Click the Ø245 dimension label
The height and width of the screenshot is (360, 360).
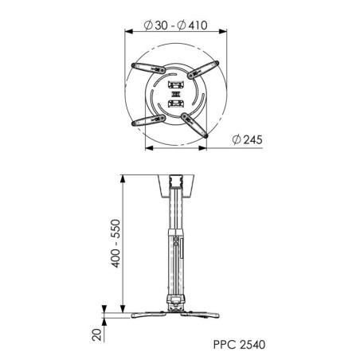[247, 139]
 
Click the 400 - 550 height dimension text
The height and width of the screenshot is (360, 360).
[115, 244]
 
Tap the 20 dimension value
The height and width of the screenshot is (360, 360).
[97, 335]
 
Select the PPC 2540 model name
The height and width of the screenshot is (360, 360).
[239, 344]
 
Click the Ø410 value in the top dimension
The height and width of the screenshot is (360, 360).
[193, 25]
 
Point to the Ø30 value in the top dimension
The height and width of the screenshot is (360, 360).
[156, 25]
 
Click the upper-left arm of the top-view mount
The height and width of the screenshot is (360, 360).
[148, 68]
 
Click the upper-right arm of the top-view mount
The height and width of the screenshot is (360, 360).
[203, 70]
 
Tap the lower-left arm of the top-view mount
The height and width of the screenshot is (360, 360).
[149, 120]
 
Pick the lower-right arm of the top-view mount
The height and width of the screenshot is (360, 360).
[194, 125]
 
